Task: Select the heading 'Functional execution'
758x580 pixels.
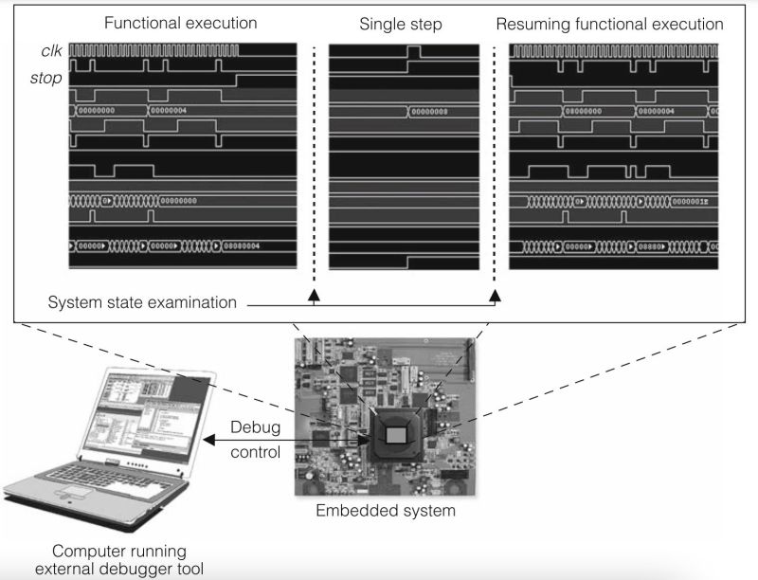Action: pyautogui.click(x=180, y=22)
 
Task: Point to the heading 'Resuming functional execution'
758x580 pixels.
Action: pyautogui.click(x=609, y=22)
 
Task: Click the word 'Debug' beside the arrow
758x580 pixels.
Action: pyautogui.click(x=256, y=427)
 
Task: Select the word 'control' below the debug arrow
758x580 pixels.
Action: pyautogui.click(x=256, y=452)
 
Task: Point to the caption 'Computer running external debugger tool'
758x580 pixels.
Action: pyautogui.click(x=119, y=559)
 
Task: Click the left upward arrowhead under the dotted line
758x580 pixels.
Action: pyautogui.click(x=314, y=296)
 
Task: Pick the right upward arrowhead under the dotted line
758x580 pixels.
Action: pyautogui.click(x=494, y=296)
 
